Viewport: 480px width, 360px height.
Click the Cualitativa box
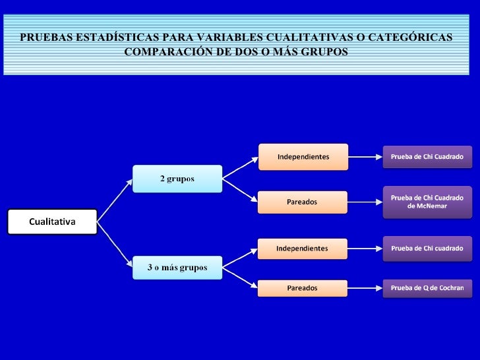point(52,222)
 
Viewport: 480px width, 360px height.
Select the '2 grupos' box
point(177,179)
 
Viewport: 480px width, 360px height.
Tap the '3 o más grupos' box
point(177,267)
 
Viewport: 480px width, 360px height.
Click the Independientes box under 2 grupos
point(303,157)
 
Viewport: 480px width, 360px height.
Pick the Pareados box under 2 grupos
point(302,202)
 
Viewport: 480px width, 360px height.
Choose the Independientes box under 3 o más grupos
point(302,249)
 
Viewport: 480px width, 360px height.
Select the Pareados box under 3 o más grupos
point(302,288)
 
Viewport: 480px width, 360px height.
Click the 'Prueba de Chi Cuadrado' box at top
point(427,157)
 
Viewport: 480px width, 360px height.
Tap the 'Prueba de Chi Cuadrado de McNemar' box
point(427,202)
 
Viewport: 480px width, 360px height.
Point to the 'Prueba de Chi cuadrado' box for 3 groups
point(427,249)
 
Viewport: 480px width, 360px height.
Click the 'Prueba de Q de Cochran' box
point(427,288)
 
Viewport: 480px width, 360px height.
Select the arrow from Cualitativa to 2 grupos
point(115,197)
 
